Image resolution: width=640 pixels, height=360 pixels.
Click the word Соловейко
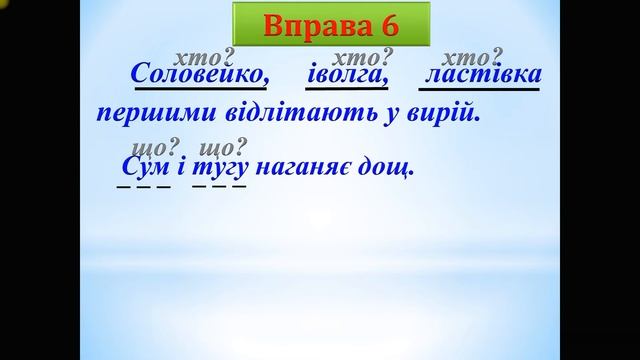(x=201, y=75)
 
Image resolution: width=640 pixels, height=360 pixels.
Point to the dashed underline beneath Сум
(x=136, y=187)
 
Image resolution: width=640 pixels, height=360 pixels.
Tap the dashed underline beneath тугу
(x=219, y=187)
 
